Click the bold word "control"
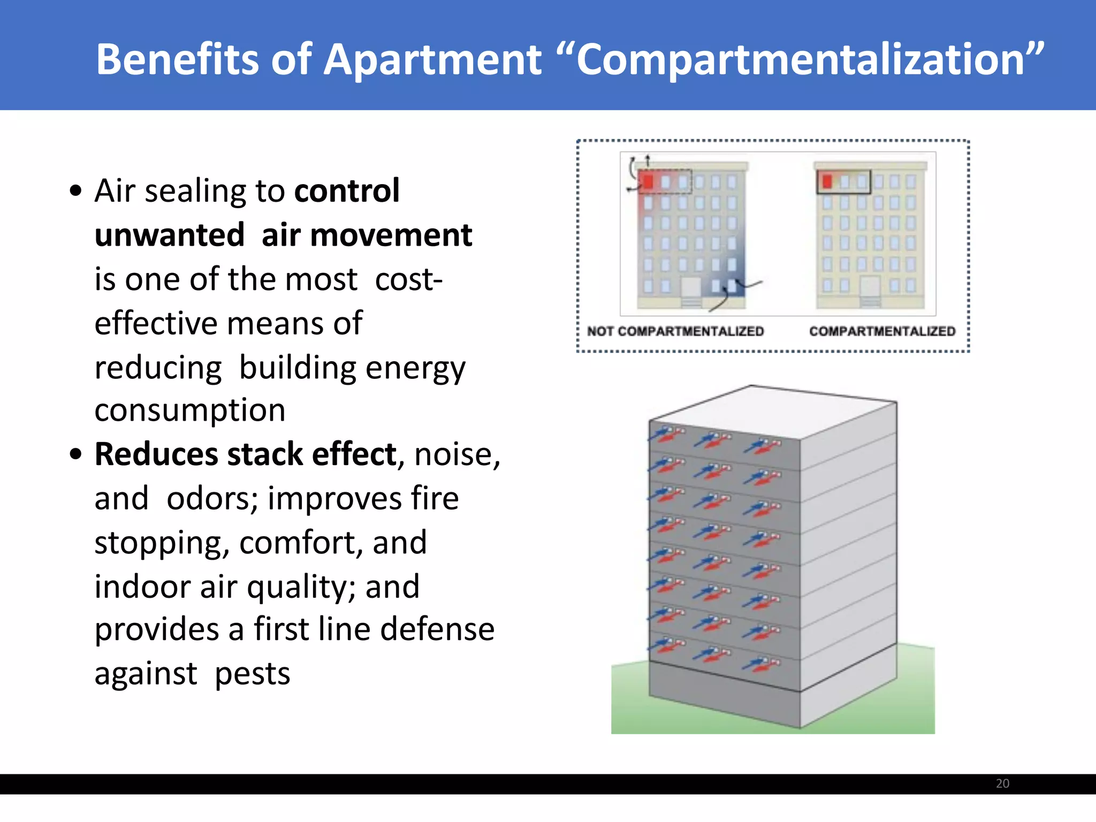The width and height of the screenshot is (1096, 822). tap(347, 191)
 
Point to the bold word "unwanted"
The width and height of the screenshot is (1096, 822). tap(170, 235)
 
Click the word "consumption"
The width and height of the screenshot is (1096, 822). tap(190, 411)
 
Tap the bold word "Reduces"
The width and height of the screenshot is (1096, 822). tap(156, 455)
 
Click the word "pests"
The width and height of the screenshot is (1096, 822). tap(253, 674)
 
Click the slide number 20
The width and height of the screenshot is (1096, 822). tap(1002, 783)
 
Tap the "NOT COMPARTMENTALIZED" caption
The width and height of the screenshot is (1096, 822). tap(675, 332)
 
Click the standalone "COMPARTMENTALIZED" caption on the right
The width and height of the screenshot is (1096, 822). tap(882, 332)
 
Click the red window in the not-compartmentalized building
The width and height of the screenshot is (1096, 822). tap(648, 181)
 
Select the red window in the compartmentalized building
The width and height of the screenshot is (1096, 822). tap(827, 181)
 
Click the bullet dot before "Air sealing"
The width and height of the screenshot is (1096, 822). tap(75, 191)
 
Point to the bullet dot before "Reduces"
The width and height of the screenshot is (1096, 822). tap(75, 455)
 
